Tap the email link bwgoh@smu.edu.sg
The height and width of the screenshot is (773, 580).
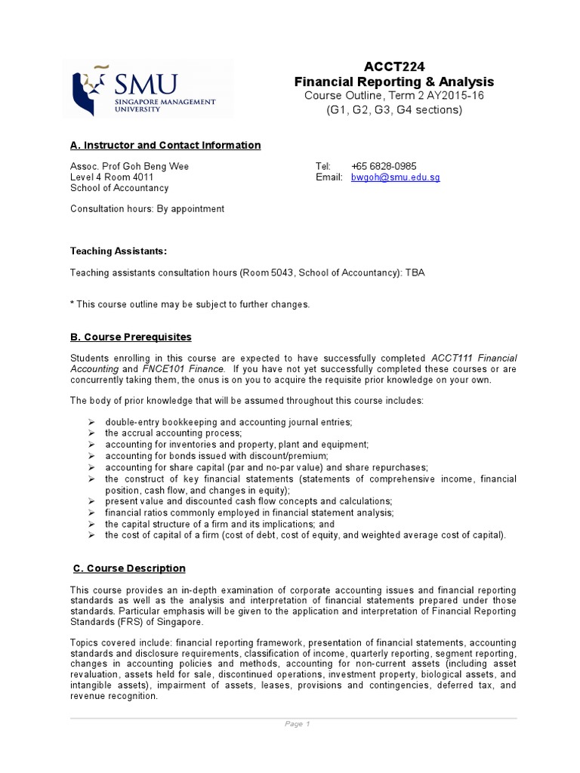[x=395, y=177]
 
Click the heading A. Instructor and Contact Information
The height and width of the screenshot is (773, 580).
[x=165, y=145]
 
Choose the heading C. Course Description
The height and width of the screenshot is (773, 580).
[x=129, y=568]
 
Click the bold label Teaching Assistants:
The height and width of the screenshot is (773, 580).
[x=119, y=251]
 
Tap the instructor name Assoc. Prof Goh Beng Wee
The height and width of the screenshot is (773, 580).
[x=130, y=166]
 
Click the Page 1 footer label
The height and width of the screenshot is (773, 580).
[x=293, y=724]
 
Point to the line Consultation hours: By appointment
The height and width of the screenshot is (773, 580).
[x=147, y=209]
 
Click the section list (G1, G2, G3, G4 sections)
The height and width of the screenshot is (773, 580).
[x=393, y=109]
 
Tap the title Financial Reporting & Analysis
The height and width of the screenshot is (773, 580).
[x=393, y=82]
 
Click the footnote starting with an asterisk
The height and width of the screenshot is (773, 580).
[x=190, y=304]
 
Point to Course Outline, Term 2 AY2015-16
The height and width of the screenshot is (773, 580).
[x=393, y=95]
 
